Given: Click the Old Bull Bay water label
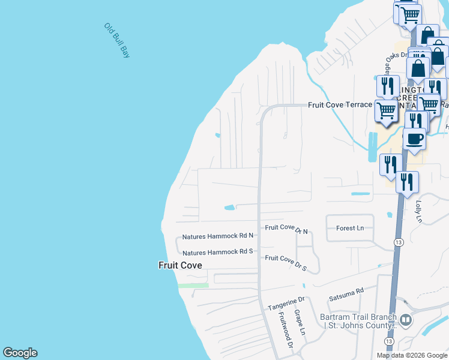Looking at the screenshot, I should [x=117, y=40].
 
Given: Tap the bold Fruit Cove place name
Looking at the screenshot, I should [x=180, y=265].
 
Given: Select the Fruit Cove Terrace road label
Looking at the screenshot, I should [x=340, y=104].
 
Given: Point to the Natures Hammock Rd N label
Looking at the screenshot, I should [x=218, y=236].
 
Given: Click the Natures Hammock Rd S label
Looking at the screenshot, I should [x=218, y=253].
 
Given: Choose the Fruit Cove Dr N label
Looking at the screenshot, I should [x=286, y=229].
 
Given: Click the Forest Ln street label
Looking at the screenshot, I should [x=350, y=228].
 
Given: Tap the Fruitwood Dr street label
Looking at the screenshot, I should [x=284, y=331].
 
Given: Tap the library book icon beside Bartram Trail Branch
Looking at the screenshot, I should [x=406, y=320].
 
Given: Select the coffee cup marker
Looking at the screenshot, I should [x=414, y=139].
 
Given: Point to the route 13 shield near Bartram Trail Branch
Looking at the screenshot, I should [x=389, y=341].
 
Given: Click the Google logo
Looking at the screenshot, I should [x=20, y=353].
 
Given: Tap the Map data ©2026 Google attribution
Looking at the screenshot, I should [x=411, y=355].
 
